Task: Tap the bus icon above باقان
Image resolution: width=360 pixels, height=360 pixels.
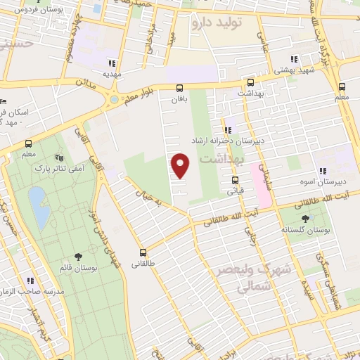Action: click(x=180, y=88)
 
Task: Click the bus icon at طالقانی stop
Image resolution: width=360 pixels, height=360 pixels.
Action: click(x=143, y=252)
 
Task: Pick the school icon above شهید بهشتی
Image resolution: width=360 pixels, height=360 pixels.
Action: click(x=295, y=60)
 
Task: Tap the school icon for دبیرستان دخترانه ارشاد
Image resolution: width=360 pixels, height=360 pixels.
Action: click(x=226, y=129)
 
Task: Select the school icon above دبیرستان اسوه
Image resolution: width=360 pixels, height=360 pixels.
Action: click(x=323, y=170)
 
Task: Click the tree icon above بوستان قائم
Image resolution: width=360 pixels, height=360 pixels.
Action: click(x=77, y=257)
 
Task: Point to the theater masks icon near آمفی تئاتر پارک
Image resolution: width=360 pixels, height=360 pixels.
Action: click(x=60, y=158)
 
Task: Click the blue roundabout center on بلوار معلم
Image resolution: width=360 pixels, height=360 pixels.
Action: click(x=114, y=100)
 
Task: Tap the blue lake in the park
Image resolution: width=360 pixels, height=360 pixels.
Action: click(x=39, y=207)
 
